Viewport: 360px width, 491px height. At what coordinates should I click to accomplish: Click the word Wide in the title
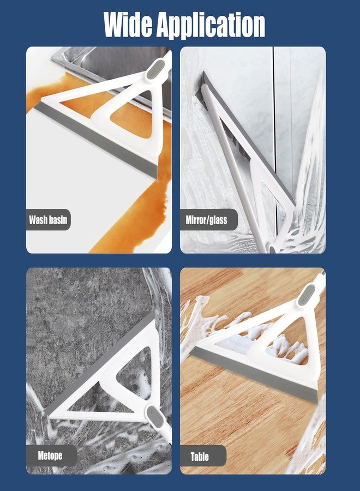pyautogui.click(x=128, y=25)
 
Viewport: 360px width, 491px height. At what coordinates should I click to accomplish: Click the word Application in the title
pyautogui.click(x=211, y=26)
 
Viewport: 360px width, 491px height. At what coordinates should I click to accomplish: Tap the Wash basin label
pyautogui.click(x=48, y=219)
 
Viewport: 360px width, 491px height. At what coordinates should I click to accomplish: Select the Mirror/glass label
pyautogui.click(x=207, y=220)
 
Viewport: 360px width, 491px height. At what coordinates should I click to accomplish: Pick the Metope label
pyautogui.click(x=50, y=456)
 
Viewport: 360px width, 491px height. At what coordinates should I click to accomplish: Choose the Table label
pyautogui.click(x=200, y=457)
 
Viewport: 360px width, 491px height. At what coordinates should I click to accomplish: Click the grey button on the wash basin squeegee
pyautogui.click(x=155, y=69)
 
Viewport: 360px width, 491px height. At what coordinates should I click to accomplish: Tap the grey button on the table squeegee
pyautogui.click(x=305, y=295)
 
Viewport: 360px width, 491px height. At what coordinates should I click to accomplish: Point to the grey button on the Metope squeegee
pyautogui.click(x=155, y=416)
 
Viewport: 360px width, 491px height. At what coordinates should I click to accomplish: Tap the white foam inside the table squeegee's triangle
pyautogui.click(x=286, y=348)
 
